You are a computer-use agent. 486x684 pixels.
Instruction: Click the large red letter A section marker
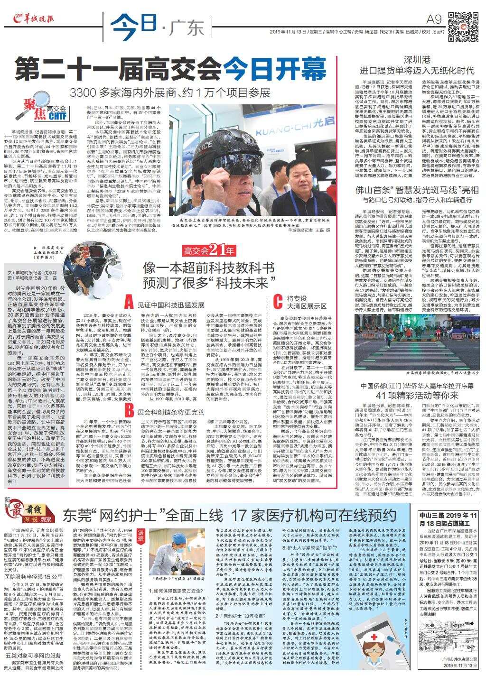(128, 302)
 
